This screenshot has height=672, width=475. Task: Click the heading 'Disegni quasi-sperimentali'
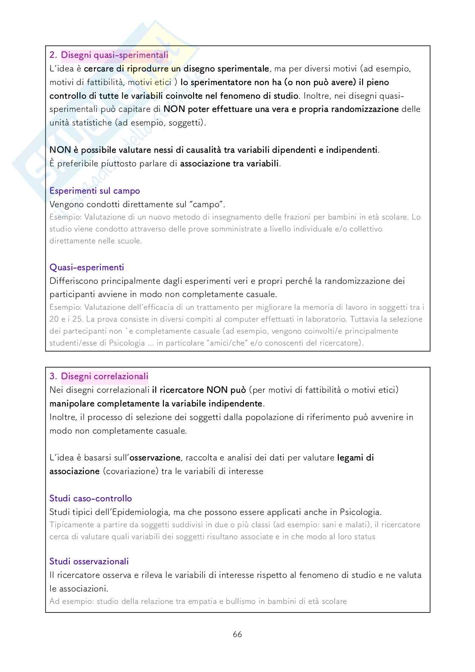point(114,55)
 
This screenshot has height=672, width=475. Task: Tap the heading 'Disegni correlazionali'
point(105,376)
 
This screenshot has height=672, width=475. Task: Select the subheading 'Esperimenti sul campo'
point(94,191)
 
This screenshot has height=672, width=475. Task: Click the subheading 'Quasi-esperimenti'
point(87,267)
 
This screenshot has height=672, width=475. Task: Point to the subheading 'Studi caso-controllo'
point(91,498)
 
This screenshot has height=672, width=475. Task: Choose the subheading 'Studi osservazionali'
point(89,561)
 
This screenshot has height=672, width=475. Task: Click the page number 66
point(237,634)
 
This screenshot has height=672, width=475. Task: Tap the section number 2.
point(53,55)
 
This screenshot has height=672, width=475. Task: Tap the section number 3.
point(53,376)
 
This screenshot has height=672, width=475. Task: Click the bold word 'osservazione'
point(155,458)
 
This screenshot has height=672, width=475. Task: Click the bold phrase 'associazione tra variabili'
point(230,163)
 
